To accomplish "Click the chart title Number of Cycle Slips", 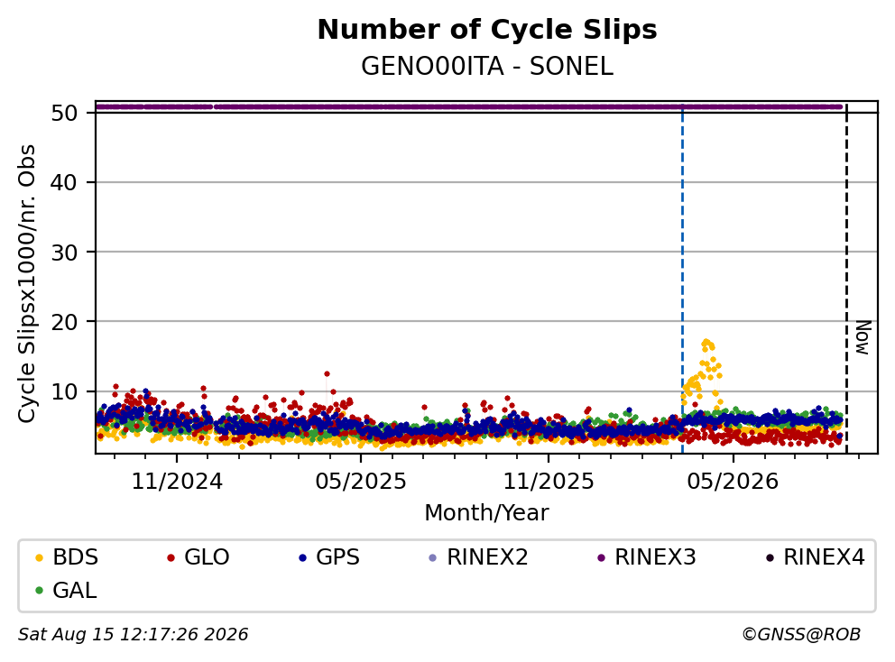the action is [x=487, y=30].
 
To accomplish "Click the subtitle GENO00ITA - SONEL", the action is [x=487, y=66].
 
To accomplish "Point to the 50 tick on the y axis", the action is [x=64, y=113].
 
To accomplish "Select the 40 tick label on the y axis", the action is [x=64, y=182].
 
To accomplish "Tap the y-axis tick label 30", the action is [x=64, y=253].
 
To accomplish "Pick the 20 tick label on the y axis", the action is [x=64, y=322].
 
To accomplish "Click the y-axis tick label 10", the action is [x=64, y=391].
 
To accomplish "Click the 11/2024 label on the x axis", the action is [x=177, y=482].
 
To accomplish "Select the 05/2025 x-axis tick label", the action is [x=361, y=482].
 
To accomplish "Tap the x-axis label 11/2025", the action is [x=548, y=482].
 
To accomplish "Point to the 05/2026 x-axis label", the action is [x=733, y=482].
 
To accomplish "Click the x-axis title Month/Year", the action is [x=486, y=512].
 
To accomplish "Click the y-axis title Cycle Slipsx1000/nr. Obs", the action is [x=26, y=283].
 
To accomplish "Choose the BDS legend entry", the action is [x=67, y=557].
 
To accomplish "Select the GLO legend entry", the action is [x=198, y=557].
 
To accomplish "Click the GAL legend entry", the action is [x=66, y=590].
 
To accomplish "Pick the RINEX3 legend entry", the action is [x=647, y=557].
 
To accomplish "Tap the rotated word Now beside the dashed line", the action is [x=863, y=337].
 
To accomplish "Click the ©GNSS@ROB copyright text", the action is [x=801, y=634].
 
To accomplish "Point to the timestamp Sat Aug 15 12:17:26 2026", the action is [x=134, y=634].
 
